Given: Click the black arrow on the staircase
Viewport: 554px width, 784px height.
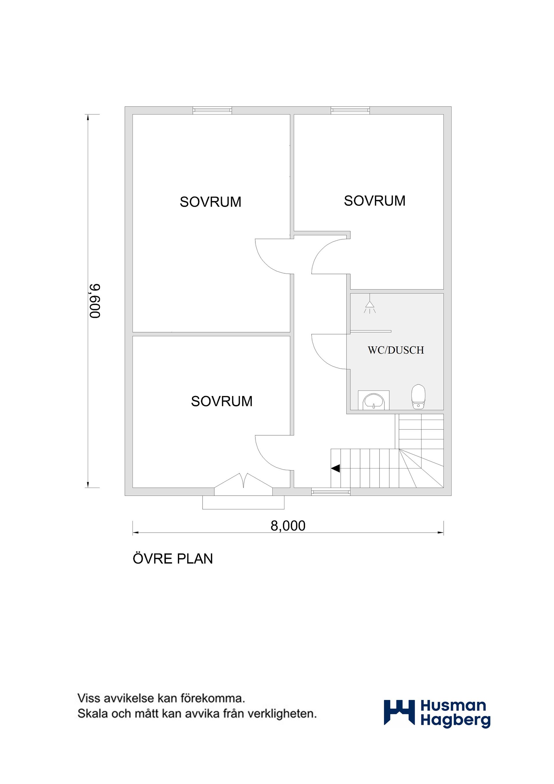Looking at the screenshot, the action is [x=335, y=468].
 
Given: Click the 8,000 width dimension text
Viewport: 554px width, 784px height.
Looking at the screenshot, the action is [x=288, y=526].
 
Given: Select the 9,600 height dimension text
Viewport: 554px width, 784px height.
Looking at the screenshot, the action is [x=95, y=301].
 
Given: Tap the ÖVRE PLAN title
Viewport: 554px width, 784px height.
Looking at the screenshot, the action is [x=173, y=559].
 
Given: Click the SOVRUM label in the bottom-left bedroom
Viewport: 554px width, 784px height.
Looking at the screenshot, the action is [x=222, y=401].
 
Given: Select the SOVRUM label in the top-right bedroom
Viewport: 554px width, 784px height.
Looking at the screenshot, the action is [x=375, y=201].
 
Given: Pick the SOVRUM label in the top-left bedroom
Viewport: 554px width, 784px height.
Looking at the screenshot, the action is [x=210, y=202].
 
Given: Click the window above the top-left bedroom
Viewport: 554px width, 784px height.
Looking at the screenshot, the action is [x=212, y=110].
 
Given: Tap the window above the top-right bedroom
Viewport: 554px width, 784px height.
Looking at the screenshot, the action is [x=350, y=110].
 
